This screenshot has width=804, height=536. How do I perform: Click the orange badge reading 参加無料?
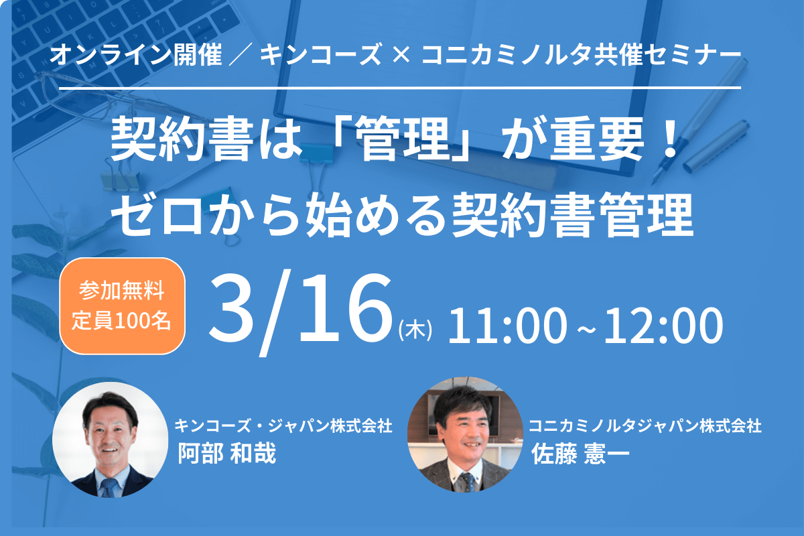pyautogui.click(x=122, y=306)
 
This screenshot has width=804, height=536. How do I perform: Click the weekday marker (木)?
pyautogui.click(x=415, y=330)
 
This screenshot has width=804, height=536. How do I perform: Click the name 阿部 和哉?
pyautogui.click(x=227, y=453)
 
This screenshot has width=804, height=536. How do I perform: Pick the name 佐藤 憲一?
pyautogui.click(x=580, y=454)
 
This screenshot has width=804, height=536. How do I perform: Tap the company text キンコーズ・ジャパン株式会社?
pyautogui.click(x=283, y=425)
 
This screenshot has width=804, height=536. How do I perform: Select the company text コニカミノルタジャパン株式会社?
pyautogui.click(x=645, y=425)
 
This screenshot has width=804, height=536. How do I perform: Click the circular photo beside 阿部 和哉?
pyautogui.click(x=110, y=440)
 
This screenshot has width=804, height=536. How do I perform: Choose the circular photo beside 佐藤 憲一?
pyautogui.click(x=465, y=434)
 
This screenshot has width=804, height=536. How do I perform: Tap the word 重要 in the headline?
pyautogui.click(x=596, y=139)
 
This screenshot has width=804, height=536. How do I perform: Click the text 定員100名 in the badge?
pyautogui.click(x=121, y=320)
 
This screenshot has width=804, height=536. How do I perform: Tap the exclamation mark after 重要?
pyautogui.click(x=669, y=139)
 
